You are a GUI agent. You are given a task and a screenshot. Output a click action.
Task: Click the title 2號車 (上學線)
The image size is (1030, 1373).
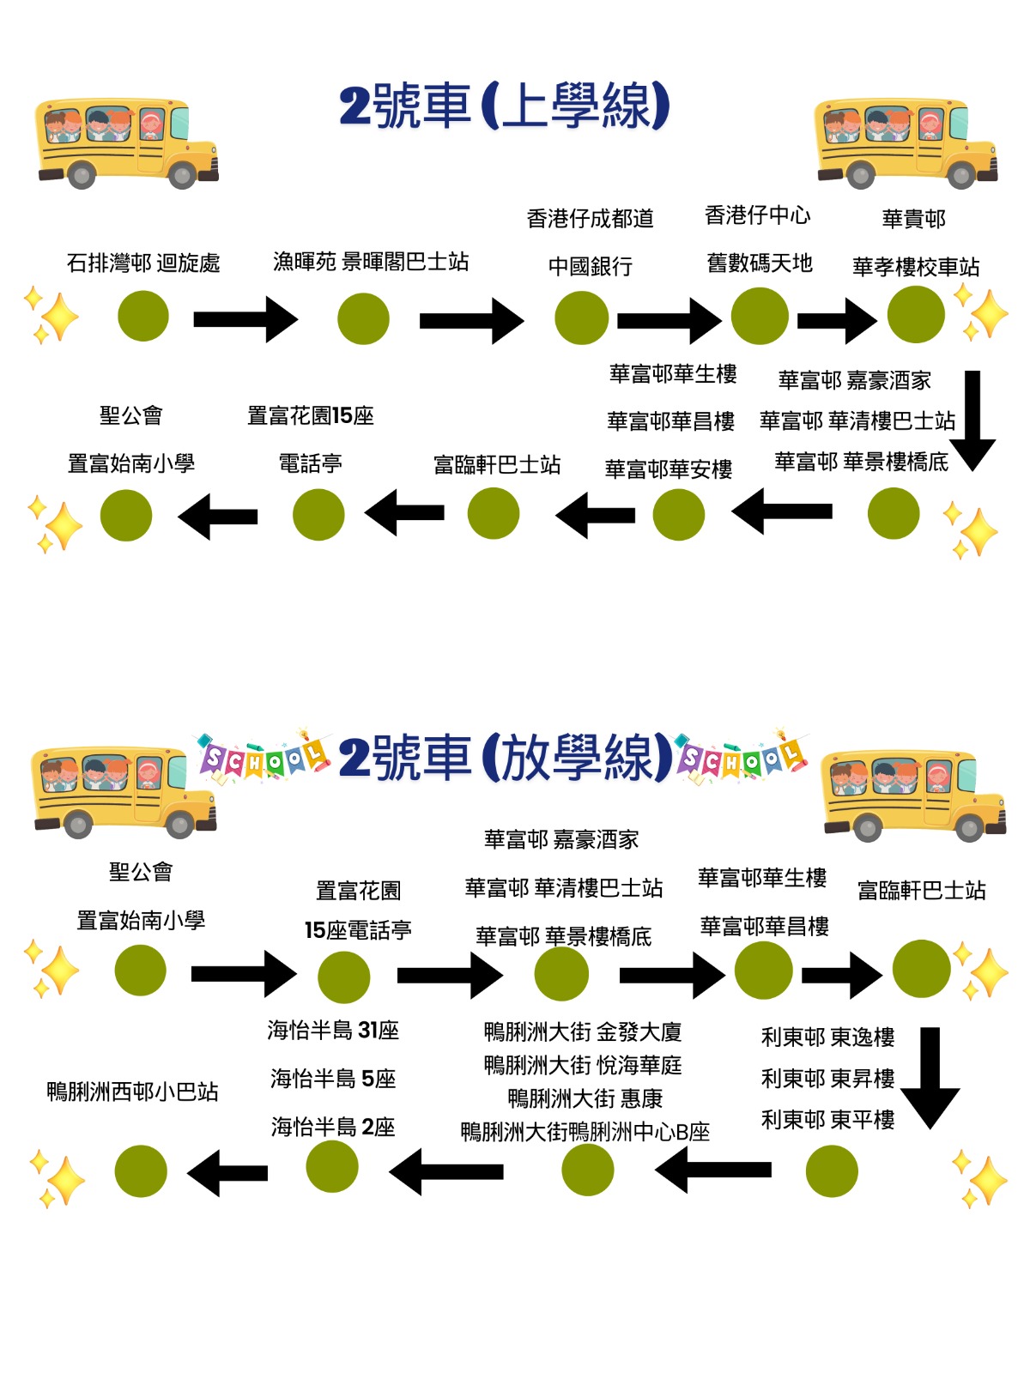point(504,106)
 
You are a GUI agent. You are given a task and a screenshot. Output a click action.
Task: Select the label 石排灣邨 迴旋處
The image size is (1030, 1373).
point(143,263)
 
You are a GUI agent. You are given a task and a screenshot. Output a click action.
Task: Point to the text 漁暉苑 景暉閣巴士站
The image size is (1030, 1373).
point(371,262)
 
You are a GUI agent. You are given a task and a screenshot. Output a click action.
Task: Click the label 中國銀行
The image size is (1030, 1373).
point(591,267)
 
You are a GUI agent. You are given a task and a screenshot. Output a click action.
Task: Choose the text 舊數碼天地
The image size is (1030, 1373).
point(760,263)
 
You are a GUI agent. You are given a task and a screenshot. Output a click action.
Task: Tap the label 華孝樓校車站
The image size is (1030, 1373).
point(916,267)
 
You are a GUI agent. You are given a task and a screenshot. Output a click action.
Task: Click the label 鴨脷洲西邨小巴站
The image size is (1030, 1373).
point(132,1092)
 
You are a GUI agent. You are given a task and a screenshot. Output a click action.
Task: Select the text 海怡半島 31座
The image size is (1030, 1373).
point(333,1030)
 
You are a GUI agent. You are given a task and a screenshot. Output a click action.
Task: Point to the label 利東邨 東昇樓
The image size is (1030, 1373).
point(827,1078)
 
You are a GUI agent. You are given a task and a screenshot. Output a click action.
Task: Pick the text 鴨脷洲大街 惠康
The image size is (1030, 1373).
point(585,1098)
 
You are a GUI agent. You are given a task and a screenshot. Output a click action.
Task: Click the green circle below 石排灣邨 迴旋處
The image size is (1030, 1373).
point(143,316)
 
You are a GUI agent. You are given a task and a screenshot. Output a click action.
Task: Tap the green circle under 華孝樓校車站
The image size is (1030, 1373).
point(916,315)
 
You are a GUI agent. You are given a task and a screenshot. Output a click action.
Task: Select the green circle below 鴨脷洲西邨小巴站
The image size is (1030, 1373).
point(141,1171)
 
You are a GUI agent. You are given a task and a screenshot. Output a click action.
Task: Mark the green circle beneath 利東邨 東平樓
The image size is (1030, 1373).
point(831,1171)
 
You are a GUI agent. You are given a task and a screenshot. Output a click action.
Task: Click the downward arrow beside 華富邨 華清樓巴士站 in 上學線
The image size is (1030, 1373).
point(972,420)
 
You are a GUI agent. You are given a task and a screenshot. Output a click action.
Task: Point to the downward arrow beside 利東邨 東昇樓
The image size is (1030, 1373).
point(930,1078)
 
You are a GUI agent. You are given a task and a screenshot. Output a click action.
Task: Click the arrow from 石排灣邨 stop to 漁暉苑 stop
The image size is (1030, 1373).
point(245,319)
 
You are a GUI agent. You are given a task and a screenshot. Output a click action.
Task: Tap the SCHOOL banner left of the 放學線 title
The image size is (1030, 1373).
point(263,757)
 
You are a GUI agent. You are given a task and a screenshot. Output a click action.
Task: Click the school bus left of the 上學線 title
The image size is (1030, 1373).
point(127,143)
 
